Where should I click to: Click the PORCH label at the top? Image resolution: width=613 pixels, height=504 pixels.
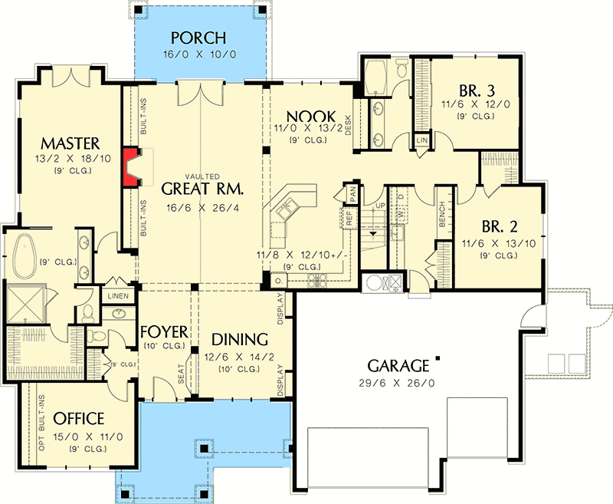point(198,38)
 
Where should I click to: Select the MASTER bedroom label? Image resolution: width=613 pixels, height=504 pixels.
point(71,143)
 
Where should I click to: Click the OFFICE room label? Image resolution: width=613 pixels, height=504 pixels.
point(79,419)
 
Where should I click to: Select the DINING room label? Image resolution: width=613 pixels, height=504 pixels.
point(240,338)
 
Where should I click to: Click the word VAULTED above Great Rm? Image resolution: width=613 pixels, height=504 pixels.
point(202,174)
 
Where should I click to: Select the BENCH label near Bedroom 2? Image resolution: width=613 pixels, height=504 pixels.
point(442,220)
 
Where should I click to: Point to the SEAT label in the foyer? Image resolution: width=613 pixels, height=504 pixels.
point(182,374)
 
